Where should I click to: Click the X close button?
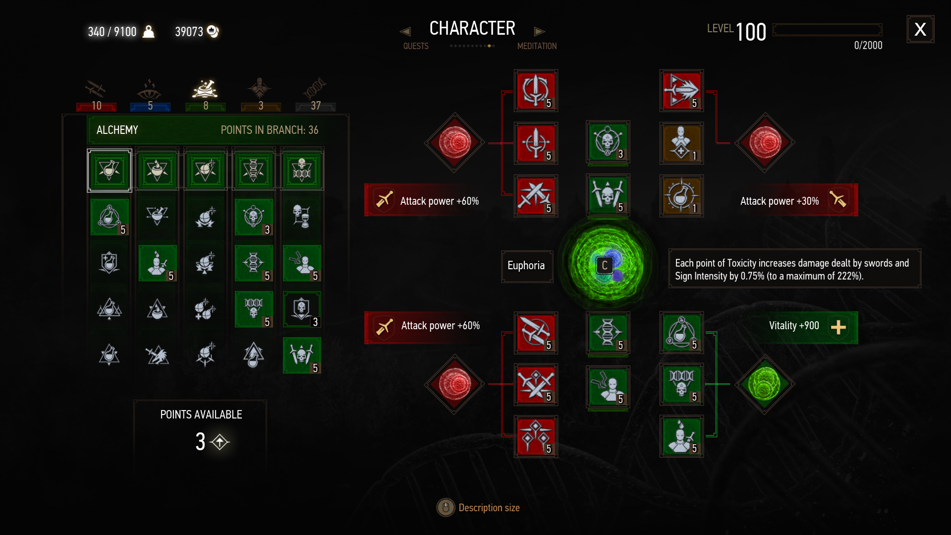pos(920,29)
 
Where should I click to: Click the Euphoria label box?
pos(526,266)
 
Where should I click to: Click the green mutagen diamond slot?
pos(765,384)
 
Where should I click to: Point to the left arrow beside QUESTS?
pos(405,32)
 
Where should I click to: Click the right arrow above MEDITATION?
pos(539,32)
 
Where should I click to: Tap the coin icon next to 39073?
pos(213,31)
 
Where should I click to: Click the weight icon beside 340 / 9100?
pos(148,31)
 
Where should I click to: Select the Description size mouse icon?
pos(446,507)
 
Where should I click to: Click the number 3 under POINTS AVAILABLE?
pos(200,441)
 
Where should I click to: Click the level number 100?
pos(751,33)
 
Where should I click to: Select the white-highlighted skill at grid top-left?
pos(110,171)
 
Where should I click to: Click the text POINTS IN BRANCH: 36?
pos(269,130)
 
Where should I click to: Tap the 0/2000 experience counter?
pos(868,46)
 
